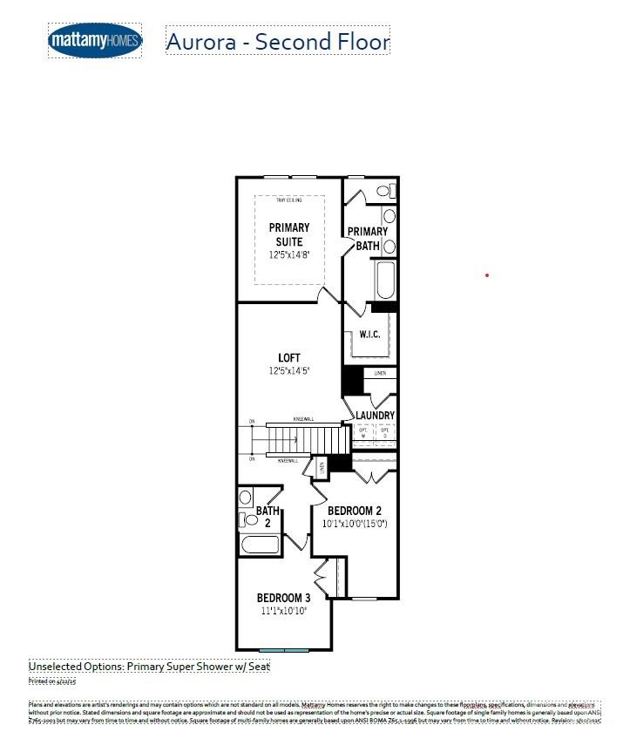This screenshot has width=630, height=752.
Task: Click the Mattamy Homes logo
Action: (x=94, y=41)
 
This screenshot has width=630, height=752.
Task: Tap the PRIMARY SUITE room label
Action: (x=288, y=234)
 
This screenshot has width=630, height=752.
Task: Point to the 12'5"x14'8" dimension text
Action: (x=288, y=255)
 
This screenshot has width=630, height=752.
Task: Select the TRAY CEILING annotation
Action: (x=288, y=200)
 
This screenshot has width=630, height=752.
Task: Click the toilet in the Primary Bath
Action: (x=383, y=191)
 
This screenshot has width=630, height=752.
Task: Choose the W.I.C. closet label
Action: (x=369, y=334)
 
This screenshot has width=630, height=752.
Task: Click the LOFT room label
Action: (x=288, y=358)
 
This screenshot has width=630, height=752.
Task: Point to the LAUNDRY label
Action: (x=375, y=416)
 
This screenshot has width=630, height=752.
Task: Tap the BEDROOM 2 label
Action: (x=356, y=511)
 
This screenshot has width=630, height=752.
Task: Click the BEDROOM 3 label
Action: (x=283, y=598)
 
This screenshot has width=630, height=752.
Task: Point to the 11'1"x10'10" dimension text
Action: (x=283, y=612)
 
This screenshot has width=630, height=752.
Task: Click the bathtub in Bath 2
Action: (x=260, y=545)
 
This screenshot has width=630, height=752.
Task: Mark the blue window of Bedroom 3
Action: (x=284, y=650)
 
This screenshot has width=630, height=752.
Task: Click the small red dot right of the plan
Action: (x=487, y=275)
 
